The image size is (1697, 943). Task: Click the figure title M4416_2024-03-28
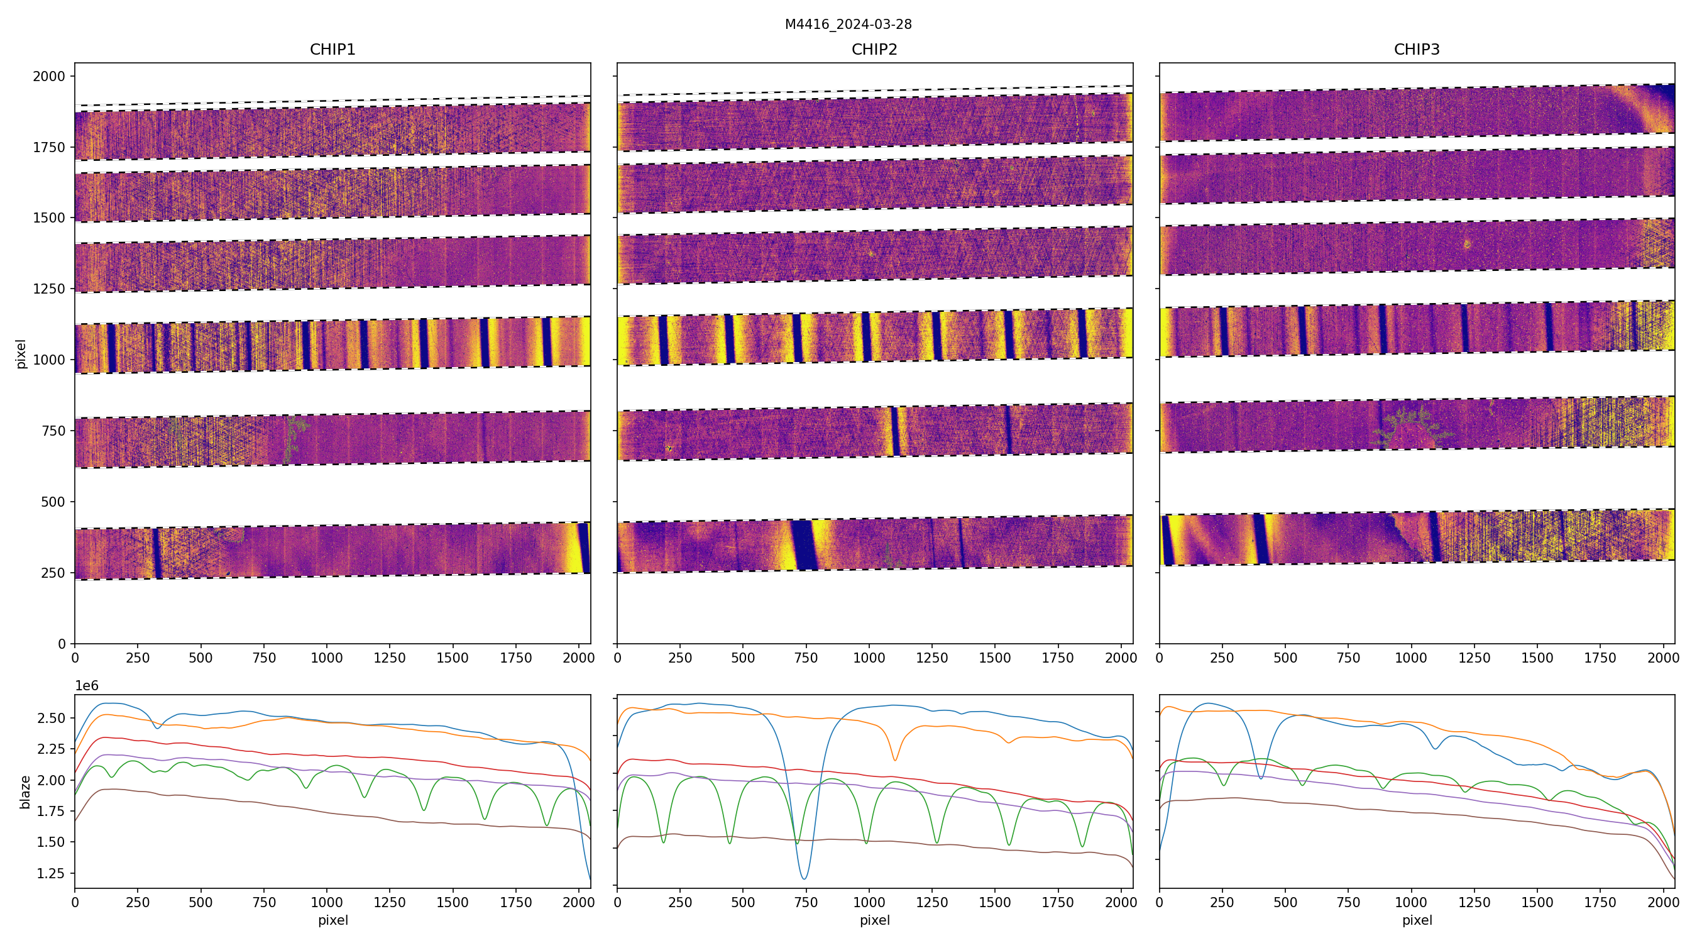(x=848, y=25)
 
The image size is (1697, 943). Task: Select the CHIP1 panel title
(x=332, y=50)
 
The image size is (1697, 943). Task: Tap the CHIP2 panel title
(x=874, y=50)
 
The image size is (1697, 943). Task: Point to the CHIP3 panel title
(x=1416, y=50)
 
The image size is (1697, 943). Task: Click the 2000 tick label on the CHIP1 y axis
(x=50, y=77)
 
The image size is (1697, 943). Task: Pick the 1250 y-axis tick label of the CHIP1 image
(x=50, y=289)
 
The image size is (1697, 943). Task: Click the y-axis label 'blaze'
(x=25, y=791)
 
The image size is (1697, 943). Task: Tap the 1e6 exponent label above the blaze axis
(x=86, y=686)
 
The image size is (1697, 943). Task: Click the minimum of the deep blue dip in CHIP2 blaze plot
(x=804, y=878)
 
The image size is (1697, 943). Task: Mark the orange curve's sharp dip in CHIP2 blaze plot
(x=894, y=760)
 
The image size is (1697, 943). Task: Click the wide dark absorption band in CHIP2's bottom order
(x=803, y=545)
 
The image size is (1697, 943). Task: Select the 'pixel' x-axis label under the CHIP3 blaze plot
(x=1416, y=920)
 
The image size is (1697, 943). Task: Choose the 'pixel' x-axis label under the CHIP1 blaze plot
(x=332, y=920)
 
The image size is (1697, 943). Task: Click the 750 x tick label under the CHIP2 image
(x=806, y=658)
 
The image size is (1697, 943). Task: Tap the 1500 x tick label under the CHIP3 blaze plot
(x=1537, y=903)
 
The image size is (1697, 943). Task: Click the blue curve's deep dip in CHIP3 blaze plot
(x=1261, y=778)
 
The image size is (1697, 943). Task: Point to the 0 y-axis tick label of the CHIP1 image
(x=62, y=644)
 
